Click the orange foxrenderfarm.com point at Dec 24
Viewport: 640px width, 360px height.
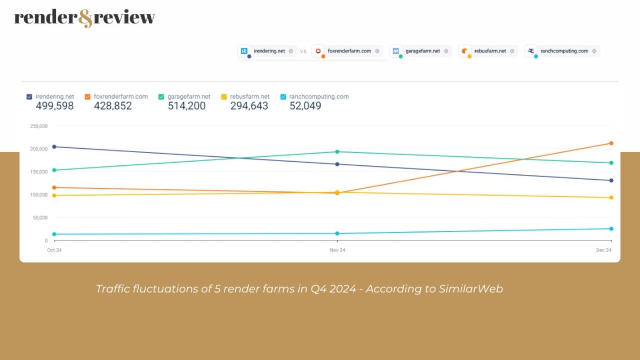pyautogui.click(x=611, y=143)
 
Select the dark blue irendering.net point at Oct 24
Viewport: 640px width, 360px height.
pyautogui.click(x=54, y=147)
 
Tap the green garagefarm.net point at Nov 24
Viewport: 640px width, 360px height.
pyautogui.click(x=337, y=152)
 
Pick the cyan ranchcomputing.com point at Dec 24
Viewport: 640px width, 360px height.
pyautogui.click(x=611, y=229)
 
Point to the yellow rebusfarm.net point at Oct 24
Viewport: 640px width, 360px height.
pyautogui.click(x=54, y=195)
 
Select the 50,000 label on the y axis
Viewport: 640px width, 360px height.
pyautogui.click(x=39, y=218)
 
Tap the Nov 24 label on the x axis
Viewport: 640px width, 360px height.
pyautogui.click(x=337, y=250)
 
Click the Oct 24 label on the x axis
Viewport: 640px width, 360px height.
pyautogui.click(x=54, y=250)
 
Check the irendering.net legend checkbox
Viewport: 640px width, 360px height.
pyautogui.click(x=29, y=97)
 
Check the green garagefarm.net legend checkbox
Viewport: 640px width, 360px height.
pyautogui.click(x=161, y=97)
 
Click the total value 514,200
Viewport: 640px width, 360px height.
pyautogui.click(x=186, y=106)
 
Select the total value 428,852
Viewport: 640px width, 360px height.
pyautogui.click(x=113, y=106)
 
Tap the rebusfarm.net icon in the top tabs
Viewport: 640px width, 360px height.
pyautogui.click(x=465, y=51)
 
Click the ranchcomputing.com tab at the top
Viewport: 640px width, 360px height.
pyautogui.click(x=562, y=51)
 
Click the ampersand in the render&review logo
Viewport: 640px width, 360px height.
pyautogui.click(x=85, y=19)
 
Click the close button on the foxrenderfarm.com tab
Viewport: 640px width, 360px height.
pyautogui.click(x=377, y=51)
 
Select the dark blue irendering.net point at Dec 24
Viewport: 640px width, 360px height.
pyautogui.click(x=611, y=180)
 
